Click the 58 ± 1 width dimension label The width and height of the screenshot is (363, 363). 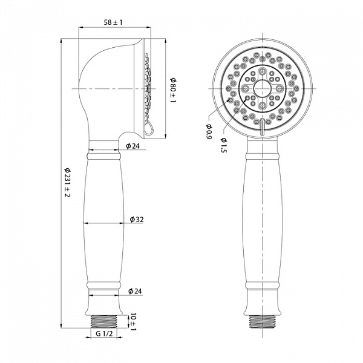(x=113, y=22)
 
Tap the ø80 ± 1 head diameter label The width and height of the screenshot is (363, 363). (x=173, y=91)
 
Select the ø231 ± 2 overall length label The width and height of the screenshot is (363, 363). (x=67, y=182)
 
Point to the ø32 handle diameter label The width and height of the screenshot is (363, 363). (x=137, y=219)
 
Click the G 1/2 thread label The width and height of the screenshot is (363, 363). (x=104, y=333)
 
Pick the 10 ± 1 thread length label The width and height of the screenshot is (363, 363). (x=133, y=322)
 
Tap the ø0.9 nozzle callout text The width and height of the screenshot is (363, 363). (x=209, y=131)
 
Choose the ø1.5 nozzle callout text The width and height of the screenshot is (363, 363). (x=224, y=145)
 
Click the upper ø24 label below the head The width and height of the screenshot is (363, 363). (x=133, y=146)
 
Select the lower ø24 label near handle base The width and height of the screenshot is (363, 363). (x=135, y=291)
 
